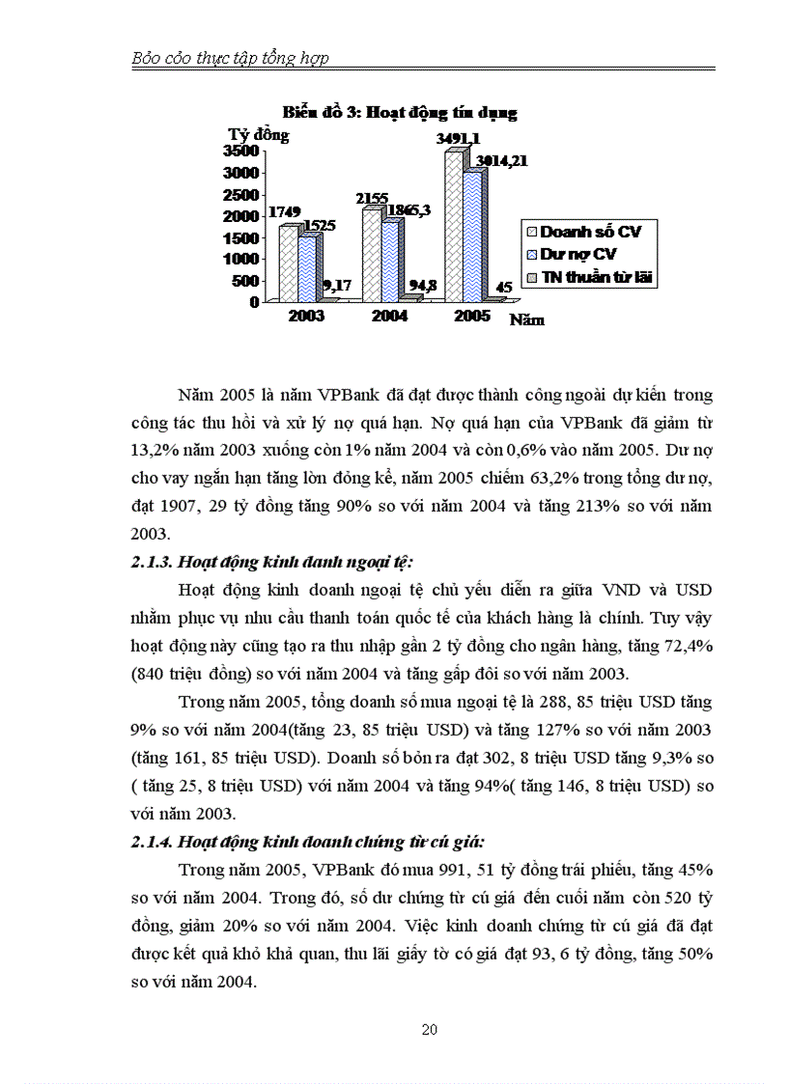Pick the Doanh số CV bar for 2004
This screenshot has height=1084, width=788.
(x=370, y=255)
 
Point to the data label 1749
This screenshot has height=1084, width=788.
(x=284, y=212)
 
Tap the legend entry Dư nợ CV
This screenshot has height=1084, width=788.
(x=578, y=255)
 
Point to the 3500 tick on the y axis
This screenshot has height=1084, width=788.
(x=239, y=151)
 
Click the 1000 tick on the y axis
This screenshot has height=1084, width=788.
(x=239, y=258)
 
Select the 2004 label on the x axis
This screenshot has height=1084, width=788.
(x=389, y=317)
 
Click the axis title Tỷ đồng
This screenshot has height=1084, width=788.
(x=258, y=134)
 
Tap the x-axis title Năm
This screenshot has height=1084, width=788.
(x=527, y=320)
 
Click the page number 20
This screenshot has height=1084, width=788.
(x=431, y=1030)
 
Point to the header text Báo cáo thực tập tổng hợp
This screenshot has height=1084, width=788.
(x=230, y=58)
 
